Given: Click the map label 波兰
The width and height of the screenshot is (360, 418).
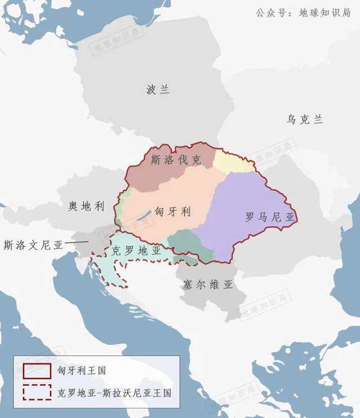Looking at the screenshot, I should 157,89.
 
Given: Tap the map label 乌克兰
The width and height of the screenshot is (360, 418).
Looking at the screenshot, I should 304,119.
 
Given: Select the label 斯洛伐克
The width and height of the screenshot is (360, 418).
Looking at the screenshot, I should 175,160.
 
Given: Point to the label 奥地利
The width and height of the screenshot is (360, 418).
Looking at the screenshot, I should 87,206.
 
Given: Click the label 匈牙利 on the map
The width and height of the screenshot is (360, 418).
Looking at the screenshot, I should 173,212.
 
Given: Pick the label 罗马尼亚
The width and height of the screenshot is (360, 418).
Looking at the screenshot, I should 270,218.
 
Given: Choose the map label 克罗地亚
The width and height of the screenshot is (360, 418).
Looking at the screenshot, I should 137,250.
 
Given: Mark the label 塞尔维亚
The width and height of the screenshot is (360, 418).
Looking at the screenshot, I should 208,285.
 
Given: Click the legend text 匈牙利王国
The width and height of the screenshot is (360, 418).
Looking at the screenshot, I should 81,371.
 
